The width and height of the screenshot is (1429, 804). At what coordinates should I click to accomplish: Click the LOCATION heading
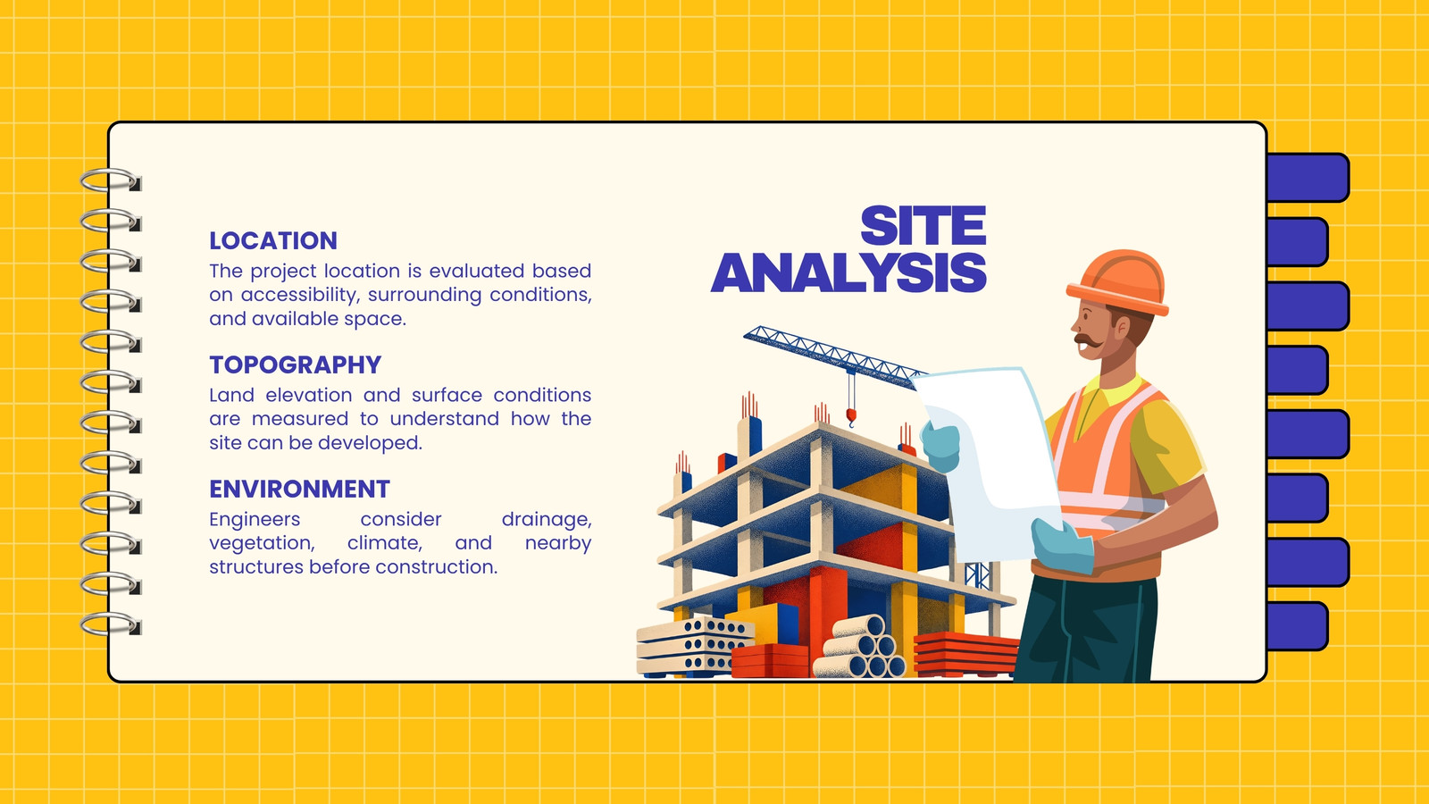tap(273, 240)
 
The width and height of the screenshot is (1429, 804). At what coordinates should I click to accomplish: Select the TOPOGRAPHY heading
tap(296, 364)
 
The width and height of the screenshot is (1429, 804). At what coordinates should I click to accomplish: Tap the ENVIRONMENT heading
tap(299, 489)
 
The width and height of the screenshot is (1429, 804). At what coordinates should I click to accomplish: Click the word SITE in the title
tap(923, 226)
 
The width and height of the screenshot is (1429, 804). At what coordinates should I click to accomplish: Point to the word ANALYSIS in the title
tap(849, 272)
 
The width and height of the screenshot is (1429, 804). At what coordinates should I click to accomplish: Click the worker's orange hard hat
tap(1118, 281)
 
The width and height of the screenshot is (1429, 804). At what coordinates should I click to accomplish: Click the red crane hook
tap(851, 417)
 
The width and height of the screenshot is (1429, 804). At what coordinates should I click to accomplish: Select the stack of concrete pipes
tap(859, 647)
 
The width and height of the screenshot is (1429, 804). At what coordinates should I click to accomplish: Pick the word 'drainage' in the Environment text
tap(546, 520)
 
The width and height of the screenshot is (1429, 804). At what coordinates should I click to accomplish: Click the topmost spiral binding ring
tap(111, 180)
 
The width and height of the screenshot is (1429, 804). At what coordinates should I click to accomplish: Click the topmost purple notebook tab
tap(1308, 178)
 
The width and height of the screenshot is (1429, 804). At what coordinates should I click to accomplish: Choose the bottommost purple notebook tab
tap(1297, 626)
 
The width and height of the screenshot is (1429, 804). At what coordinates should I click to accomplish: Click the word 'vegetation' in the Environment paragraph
tap(263, 544)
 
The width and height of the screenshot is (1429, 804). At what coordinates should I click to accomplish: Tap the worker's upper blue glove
tap(941, 446)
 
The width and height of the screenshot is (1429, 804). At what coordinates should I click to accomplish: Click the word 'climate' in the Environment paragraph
tap(385, 543)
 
